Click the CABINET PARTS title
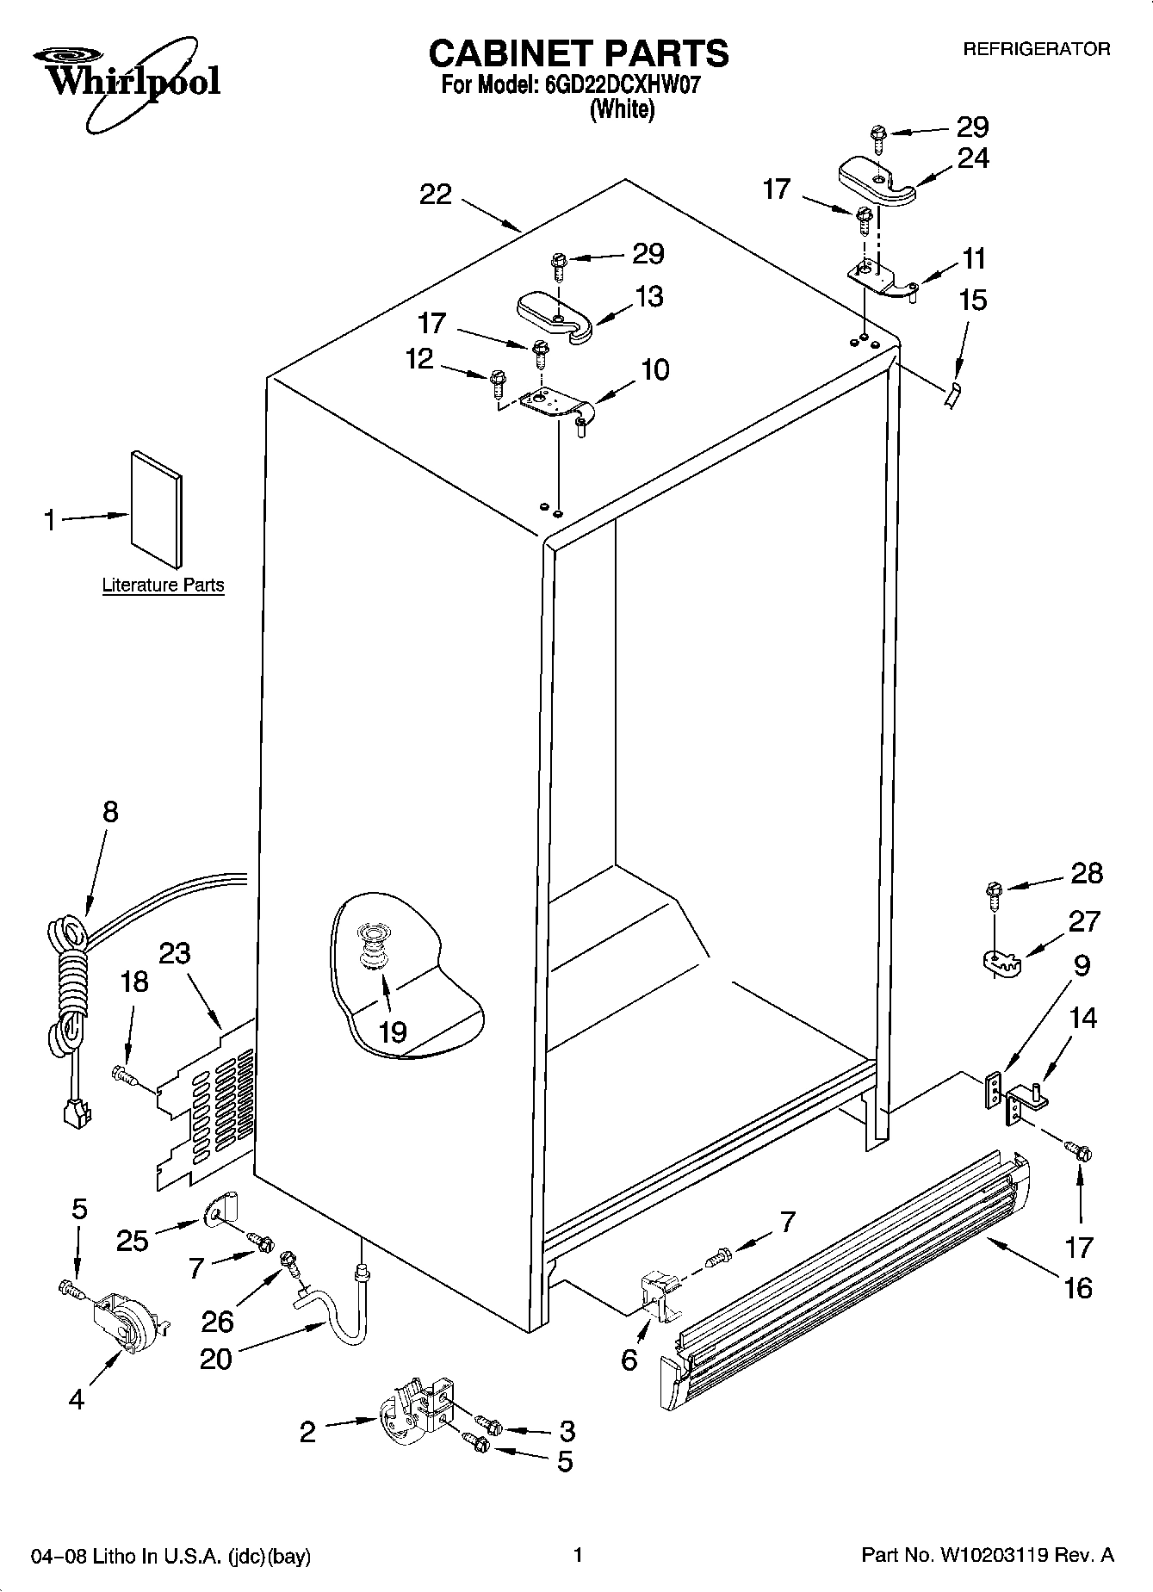(x=578, y=53)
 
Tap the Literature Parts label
(x=163, y=585)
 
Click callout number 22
(x=436, y=195)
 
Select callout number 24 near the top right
(x=973, y=158)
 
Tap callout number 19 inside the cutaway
(x=393, y=1031)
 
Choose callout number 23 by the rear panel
(x=175, y=953)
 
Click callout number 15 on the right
(x=972, y=300)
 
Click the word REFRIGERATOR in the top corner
(x=1036, y=50)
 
